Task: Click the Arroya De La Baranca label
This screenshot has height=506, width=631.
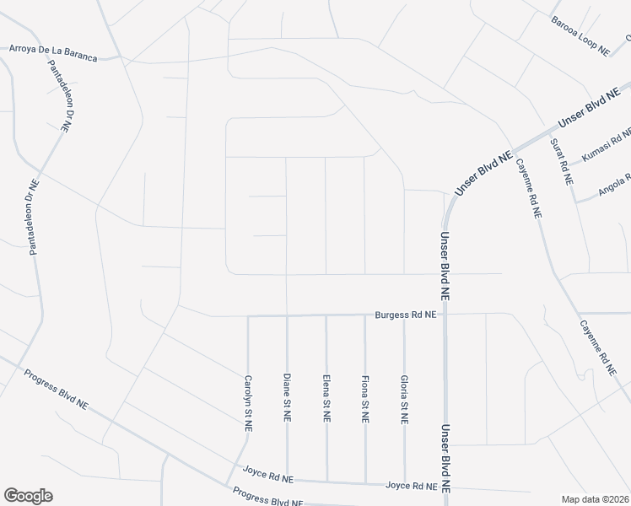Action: pyautogui.click(x=52, y=53)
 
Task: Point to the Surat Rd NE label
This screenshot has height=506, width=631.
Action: pyautogui.click(x=562, y=161)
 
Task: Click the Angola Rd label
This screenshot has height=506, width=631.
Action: pyautogui.click(x=614, y=186)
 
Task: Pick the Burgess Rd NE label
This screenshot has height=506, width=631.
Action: pyautogui.click(x=406, y=315)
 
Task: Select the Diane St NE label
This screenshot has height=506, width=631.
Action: pyautogui.click(x=287, y=397)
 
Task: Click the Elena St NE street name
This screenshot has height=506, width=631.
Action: pyautogui.click(x=326, y=397)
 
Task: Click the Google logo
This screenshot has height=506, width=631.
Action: pyautogui.click(x=28, y=496)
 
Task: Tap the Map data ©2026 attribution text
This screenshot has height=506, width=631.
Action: pyautogui.click(x=596, y=499)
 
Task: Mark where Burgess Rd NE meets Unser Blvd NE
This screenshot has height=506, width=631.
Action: pyautogui.click(x=445, y=315)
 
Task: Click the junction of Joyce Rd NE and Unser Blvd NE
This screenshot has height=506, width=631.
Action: pyautogui.click(x=445, y=487)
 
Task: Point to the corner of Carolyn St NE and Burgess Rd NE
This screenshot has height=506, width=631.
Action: pyautogui.click(x=248, y=316)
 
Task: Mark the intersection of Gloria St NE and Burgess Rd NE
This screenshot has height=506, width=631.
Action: pyautogui.click(x=404, y=315)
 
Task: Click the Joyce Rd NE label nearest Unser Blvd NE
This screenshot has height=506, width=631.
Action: pyautogui.click(x=411, y=486)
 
